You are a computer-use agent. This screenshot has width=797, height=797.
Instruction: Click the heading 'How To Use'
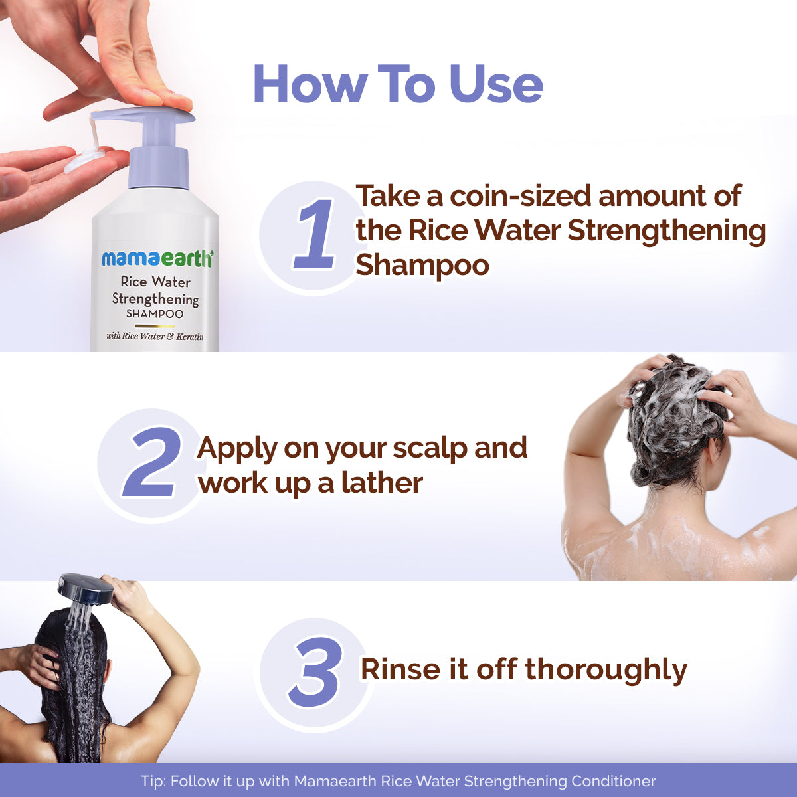coord(398,84)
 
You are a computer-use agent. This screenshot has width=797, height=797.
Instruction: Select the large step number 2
coord(152,463)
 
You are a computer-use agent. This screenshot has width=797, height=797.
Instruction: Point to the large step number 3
coord(315,672)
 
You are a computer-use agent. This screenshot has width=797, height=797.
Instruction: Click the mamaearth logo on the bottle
coord(157,258)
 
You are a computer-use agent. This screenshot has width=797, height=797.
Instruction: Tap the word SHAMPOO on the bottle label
coord(155,313)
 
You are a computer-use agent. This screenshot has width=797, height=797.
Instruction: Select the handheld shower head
coord(86,588)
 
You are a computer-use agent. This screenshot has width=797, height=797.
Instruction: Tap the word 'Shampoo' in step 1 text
coord(422,265)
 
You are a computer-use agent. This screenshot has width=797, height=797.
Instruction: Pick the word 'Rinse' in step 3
coord(400,669)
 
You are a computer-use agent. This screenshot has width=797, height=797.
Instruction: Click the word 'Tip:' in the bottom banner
coord(153,781)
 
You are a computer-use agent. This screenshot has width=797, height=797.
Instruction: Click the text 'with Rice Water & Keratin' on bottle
coord(155,337)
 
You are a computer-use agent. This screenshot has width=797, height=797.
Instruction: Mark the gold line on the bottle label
coord(154,326)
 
